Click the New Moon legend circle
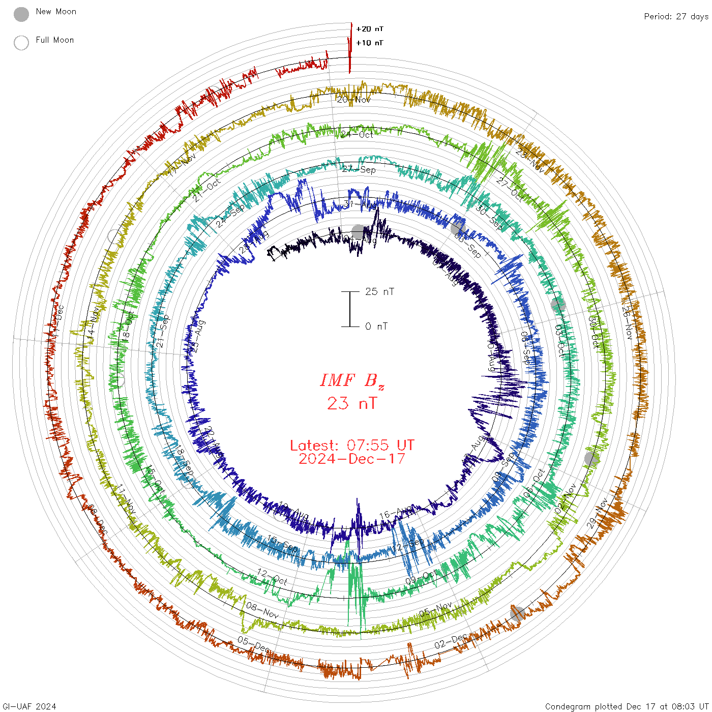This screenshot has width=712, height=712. [21, 14]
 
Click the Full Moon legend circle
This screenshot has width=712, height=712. [21, 43]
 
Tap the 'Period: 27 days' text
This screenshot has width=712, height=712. [676, 17]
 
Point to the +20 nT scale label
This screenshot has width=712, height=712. [370, 29]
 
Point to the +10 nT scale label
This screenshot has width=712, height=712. [370, 43]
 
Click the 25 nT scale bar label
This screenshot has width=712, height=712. [379, 291]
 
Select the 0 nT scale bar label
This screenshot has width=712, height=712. [376, 326]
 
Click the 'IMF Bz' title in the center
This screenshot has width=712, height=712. [352, 380]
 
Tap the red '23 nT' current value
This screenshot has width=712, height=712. [352, 403]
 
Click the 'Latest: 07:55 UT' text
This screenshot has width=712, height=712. [352, 446]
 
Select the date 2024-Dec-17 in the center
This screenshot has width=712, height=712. [352, 459]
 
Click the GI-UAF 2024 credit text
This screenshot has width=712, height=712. [29, 706]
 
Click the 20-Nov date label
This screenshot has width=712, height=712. [354, 100]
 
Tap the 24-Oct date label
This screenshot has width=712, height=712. [357, 134]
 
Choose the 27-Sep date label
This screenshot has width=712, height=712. [359, 169]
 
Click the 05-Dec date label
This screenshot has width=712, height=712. [253, 643]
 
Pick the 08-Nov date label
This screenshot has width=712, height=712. [262, 610]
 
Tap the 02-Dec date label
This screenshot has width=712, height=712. [451, 642]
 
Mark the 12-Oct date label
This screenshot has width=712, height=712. [272, 577]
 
